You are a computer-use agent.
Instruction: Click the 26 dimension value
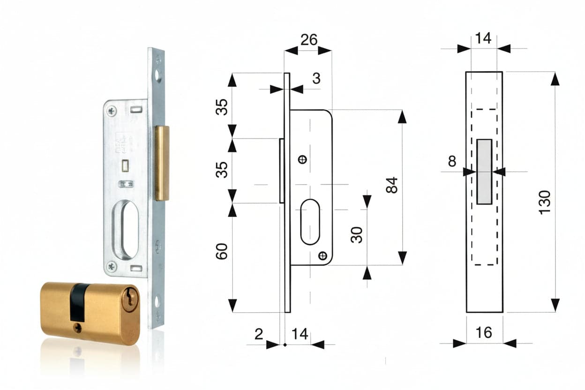[309, 40]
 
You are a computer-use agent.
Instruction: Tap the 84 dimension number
[392, 185]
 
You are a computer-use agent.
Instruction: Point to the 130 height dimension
[545, 202]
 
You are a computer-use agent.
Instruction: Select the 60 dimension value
[221, 251]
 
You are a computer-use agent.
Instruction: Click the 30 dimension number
[356, 235]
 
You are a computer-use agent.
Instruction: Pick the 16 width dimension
[484, 332]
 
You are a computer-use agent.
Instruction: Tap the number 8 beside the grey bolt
[452, 161]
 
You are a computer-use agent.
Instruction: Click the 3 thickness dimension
[316, 78]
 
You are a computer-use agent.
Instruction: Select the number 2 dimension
[259, 334]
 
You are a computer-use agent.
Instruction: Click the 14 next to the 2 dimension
[300, 334]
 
